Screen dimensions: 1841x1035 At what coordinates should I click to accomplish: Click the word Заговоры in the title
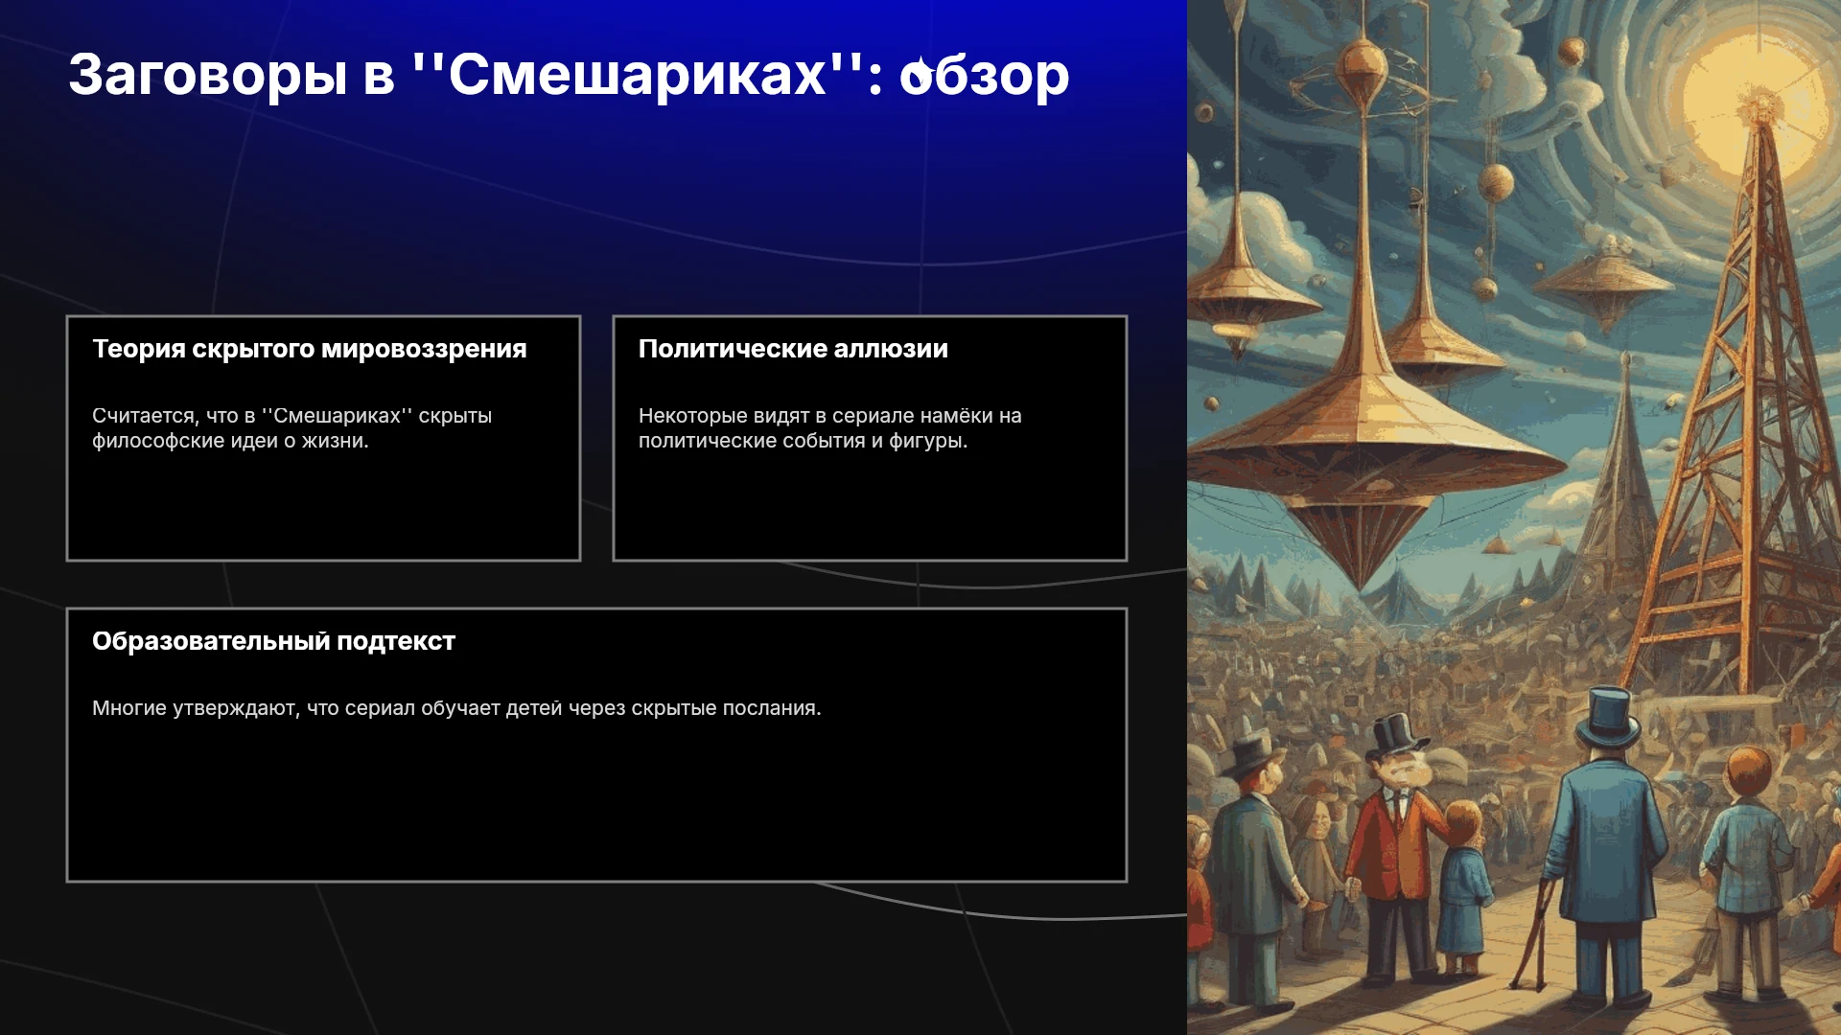207,75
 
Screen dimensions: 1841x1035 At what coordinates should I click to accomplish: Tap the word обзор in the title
984,75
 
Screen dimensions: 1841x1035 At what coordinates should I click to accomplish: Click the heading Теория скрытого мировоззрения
309,349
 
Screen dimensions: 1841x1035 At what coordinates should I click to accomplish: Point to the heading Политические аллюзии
793,349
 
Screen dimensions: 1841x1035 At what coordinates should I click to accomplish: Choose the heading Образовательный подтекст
273,641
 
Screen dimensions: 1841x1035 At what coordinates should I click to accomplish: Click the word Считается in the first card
144,416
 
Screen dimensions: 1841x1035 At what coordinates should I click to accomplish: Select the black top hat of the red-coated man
1395,736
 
